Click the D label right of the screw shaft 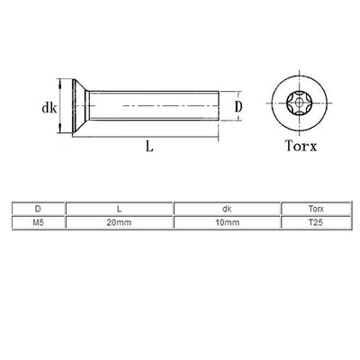pos(238,106)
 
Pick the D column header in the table pos(37,208)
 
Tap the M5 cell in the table pos(37,220)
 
